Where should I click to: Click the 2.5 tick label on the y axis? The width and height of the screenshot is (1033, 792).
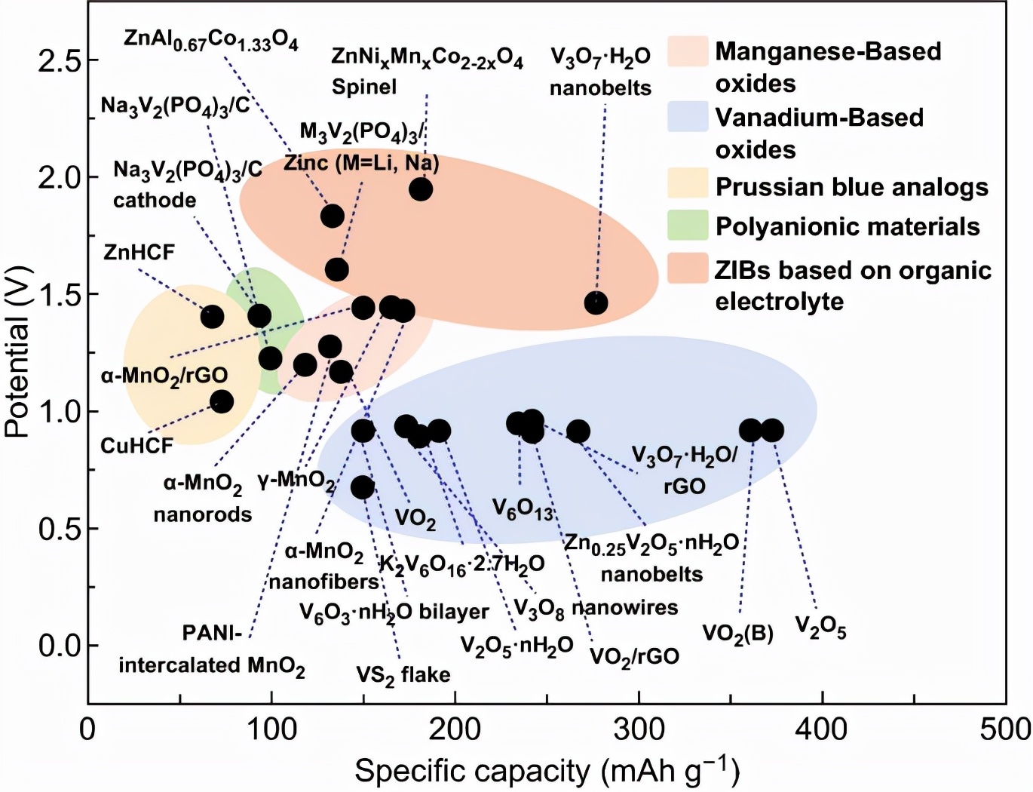click(x=58, y=60)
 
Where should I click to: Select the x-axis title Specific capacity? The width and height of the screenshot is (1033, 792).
click(x=547, y=771)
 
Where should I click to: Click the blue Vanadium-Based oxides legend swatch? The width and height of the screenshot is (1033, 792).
click(x=688, y=117)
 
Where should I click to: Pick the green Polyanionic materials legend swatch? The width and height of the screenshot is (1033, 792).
click(x=688, y=226)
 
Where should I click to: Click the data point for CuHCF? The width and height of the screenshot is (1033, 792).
click(x=221, y=401)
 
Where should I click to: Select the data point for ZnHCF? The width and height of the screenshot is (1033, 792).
click(x=213, y=316)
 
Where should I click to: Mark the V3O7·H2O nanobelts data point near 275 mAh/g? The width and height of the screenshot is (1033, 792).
click(x=596, y=303)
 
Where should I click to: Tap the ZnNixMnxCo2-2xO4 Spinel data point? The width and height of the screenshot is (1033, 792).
click(x=421, y=189)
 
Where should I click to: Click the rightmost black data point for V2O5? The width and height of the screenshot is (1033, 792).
click(x=771, y=431)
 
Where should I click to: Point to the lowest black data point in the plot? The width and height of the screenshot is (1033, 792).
click(x=363, y=487)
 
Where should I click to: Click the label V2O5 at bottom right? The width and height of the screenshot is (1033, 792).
click(x=820, y=627)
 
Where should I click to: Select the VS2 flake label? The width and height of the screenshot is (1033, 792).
click(x=403, y=674)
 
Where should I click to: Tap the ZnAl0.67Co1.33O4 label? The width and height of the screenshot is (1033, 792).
click(x=211, y=40)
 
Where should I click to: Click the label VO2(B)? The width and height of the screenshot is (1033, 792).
click(x=737, y=633)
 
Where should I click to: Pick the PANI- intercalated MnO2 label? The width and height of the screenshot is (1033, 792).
click(x=212, y=649)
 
